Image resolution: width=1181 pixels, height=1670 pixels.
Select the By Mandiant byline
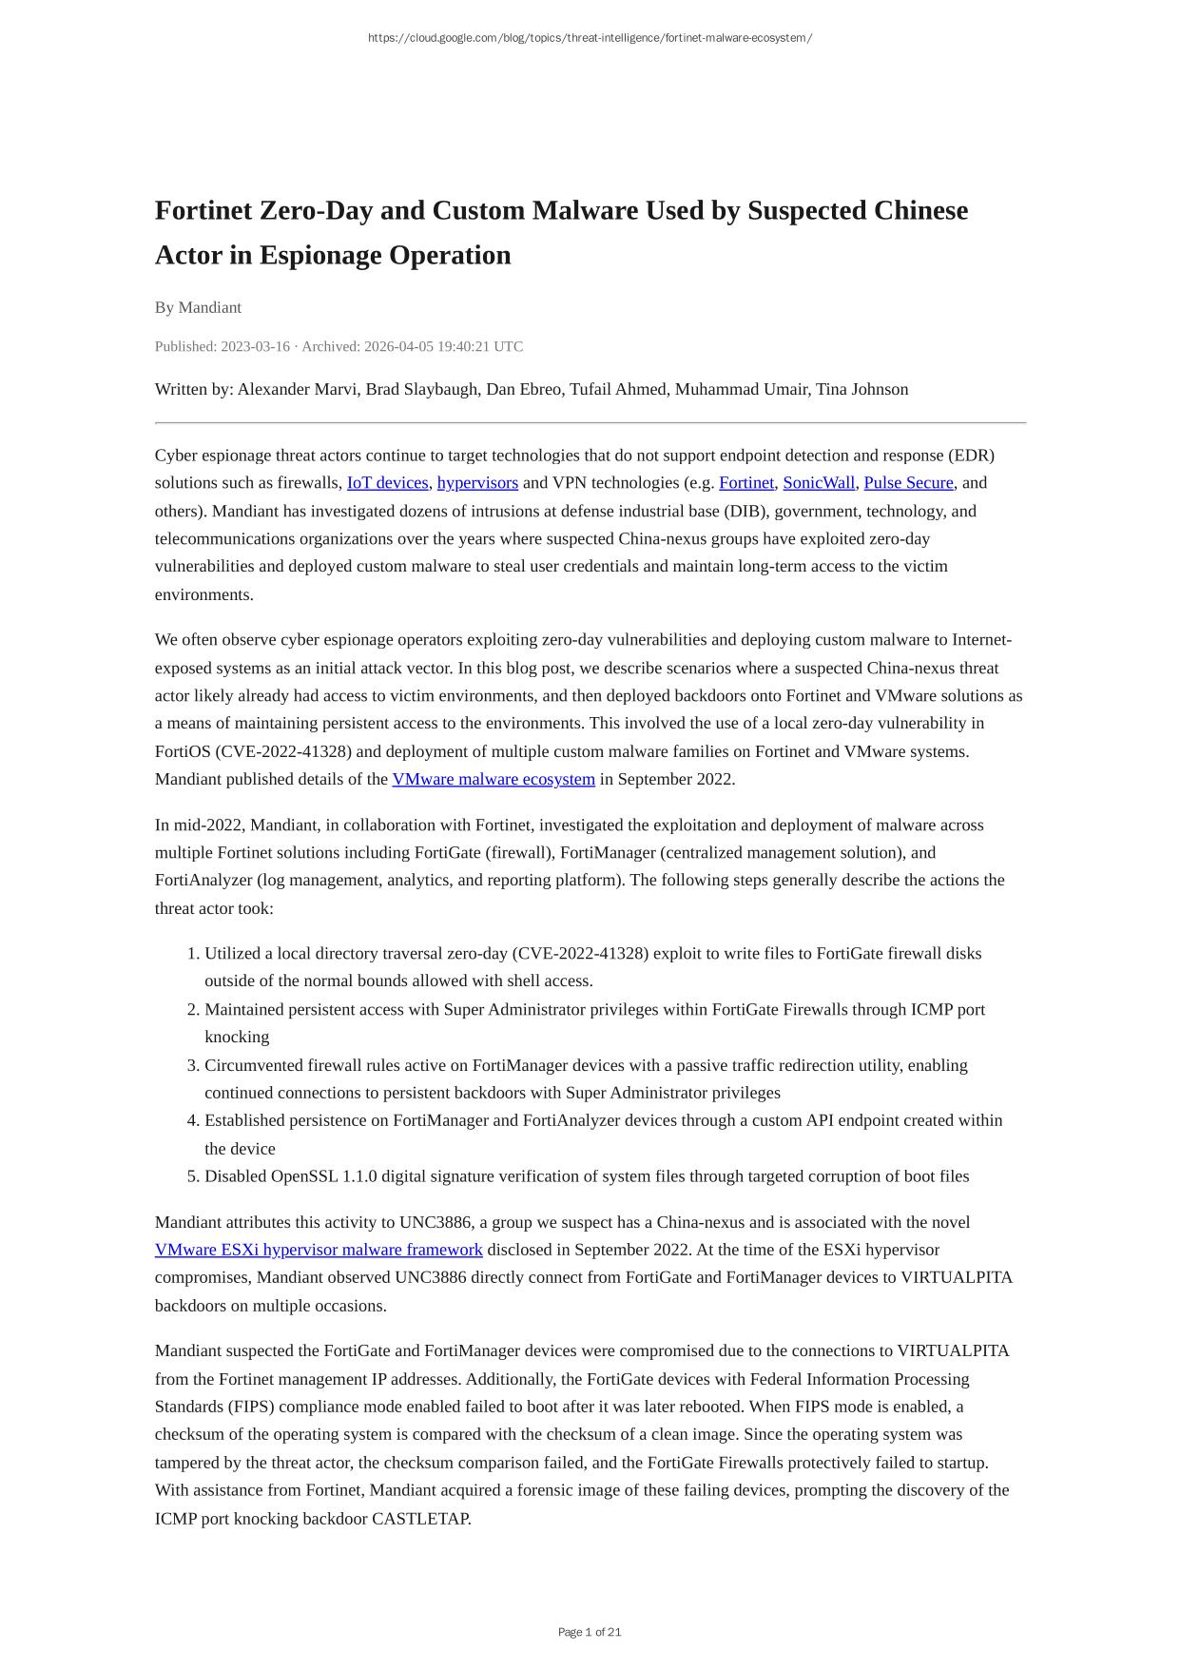198,307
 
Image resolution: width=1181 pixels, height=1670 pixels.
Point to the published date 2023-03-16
255,346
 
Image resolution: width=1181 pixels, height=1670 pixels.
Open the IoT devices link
387,483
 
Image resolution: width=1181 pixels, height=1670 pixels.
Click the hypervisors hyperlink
477,483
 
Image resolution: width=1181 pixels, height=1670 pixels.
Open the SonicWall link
819,483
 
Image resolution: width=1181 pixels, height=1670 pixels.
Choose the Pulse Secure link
908,483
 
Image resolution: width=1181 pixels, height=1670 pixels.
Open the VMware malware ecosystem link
494,780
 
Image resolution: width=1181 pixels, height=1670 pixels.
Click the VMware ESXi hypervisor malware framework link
319,1250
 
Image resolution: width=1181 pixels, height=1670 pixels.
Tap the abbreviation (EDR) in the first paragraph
971,456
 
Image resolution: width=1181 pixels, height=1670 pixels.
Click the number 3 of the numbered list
192,1065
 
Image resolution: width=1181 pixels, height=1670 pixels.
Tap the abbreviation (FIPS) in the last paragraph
228,1407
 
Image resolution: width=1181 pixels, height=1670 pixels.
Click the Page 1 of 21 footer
590,1632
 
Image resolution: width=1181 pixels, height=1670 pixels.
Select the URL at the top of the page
590,38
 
